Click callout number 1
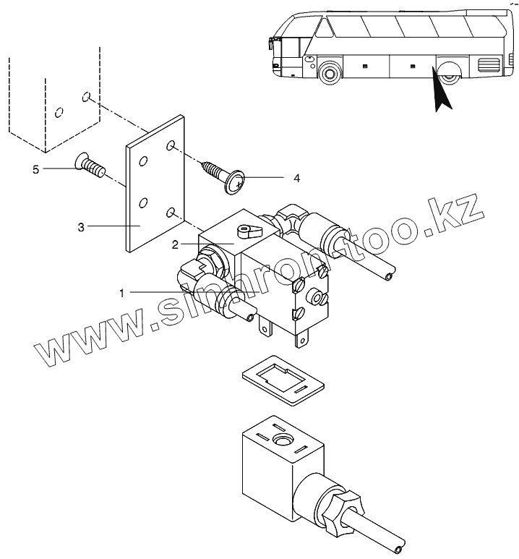tap(122, 292)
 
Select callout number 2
tap(175, 244)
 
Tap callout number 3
tap(81, 227)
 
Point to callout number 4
tap(296, 177)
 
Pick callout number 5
tap(35, 169)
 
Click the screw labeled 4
tap(224, 176)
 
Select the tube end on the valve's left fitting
tap(250, 317)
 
